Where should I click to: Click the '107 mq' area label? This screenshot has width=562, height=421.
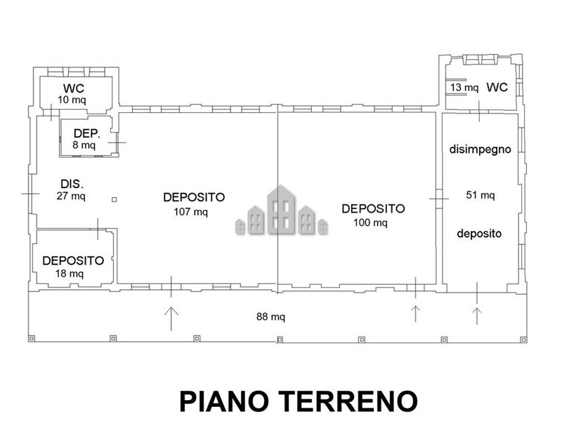pyautogui.click(x=190, y=212)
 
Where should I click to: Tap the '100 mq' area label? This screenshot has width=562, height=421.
pyautogui.click(x=370, y=222)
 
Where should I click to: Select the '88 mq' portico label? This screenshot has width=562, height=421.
pyautogui.click(x=270, y=316)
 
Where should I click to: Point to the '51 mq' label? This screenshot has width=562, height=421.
pyautogui.click(x=481, y=195)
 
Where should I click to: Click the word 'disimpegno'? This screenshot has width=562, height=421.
pyautogui.click(x=481, y=149)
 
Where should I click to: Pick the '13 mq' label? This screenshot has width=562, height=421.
pyautogui.click(x=464, y=87)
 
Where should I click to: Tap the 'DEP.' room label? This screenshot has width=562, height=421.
pyautogui.click(x=86, y=133)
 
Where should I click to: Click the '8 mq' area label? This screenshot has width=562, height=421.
pyautogui.click(x=84, y=145)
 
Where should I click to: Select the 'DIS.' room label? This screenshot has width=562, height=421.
pyautogui.click(x=72, y=184)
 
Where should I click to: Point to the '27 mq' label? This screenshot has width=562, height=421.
pyautogui.click(x=71, y=196)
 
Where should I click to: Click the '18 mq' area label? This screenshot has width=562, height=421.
pyautogui.click(x=69, y=274)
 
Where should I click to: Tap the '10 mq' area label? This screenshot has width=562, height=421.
pyautogui.click(x=72, y=100)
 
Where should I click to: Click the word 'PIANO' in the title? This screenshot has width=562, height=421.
pyautogui.click(x=224, y=401)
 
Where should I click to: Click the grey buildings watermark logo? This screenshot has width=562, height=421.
pyautogui.click(x=282, y=210)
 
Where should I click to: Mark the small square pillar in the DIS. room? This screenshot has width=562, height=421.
pyautogui.click(x=115, y=199)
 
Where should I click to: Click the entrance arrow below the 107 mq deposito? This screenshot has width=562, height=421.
pyautogui.click(x=171, y=319)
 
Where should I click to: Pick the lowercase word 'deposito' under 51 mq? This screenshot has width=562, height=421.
pyautogui.click(x=479, y=234)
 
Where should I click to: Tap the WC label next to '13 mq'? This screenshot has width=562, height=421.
pyautogui.click(x=497, y=87)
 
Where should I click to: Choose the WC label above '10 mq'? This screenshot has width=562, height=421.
pyautogui.click(x=74, y=88)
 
